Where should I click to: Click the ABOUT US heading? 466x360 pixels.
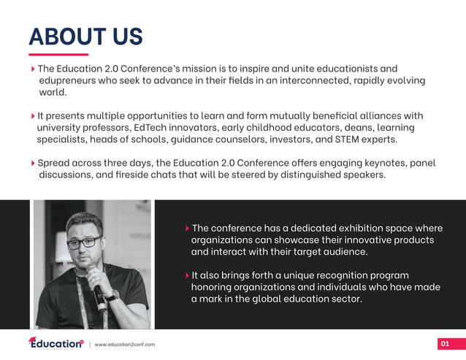[x=85, y=37]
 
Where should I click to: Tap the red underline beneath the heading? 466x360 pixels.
[x=58, y=54]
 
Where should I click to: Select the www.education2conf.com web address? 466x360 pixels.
[x=125, y=345]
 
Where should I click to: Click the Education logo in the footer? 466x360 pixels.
[x=56, y=343]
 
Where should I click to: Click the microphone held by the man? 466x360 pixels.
[x=97, y=288]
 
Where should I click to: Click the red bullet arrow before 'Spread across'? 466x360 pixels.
[x=33, y=164]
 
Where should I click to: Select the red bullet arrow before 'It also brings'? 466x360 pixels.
[x=186, y=275]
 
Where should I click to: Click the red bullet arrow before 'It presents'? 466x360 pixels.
[x=33, y=116]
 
